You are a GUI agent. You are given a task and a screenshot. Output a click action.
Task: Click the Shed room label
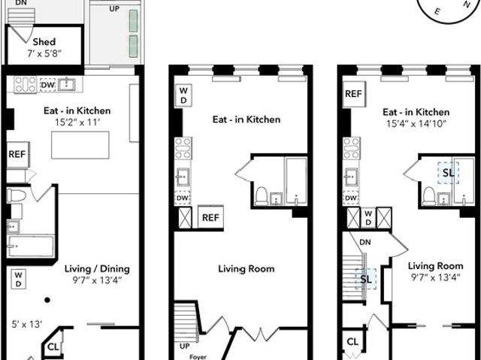[x=44, y=41]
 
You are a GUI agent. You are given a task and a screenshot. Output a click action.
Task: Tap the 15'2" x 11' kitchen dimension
[x=77, y=123]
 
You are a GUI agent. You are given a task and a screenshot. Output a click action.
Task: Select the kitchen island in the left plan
[x=80, y=145]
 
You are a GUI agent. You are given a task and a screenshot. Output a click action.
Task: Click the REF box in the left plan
[x=18, y=154]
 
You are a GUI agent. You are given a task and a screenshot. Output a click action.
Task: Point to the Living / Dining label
[x=97, y=269]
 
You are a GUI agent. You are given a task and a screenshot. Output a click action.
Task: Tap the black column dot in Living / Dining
[x=47, y=300]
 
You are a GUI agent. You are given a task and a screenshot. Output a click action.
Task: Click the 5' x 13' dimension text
[x=27, y=324]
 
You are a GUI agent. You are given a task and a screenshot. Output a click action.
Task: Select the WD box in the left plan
[x=18, y=279]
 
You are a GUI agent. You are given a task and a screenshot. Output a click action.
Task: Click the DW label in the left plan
[x=47, y=85]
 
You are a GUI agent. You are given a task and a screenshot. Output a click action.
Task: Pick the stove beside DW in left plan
[x=26, y=84]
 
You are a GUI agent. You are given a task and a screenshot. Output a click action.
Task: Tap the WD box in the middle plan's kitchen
[x=183, y=95]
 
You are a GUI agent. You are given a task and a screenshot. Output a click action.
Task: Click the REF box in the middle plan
[x=210, y=217]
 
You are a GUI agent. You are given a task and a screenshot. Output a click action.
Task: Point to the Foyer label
[x=198, y=357]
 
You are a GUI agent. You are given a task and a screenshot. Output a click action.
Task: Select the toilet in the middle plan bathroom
[x=262, y=196]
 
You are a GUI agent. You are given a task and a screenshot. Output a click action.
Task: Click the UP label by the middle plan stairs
[x=184, y=346]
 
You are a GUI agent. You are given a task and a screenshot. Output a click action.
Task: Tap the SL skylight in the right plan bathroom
[x=448, y=173]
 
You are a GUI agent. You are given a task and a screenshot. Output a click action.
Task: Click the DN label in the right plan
[x=365, y=242]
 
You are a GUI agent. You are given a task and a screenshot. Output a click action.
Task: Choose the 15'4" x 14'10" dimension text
[x=416, y=124]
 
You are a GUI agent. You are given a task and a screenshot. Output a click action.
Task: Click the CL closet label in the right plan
[x=352, y=342]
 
